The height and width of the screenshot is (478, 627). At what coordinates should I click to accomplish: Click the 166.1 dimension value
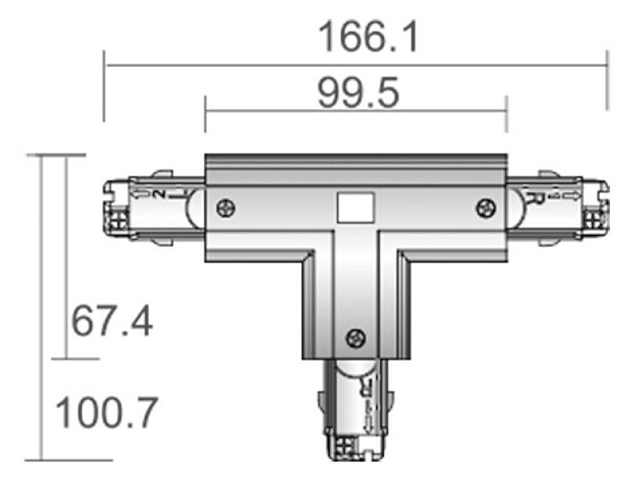(368, 37)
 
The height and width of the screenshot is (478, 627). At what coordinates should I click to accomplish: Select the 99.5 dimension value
(358, 94)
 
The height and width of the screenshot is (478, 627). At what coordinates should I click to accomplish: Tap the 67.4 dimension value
(112, 321)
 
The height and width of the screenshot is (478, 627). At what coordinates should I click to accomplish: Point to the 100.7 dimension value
(106, 413)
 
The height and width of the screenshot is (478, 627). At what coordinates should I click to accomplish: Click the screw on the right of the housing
(485, 208)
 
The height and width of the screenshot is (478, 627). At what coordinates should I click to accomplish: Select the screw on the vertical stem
(356, 338)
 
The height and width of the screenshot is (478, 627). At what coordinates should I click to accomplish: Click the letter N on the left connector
(160, 194)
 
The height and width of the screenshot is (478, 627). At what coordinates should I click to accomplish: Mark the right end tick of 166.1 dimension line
(607, 65)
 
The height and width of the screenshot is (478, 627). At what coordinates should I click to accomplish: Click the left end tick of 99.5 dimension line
(205, 112)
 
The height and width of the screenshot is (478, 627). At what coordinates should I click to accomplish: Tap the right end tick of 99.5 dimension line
(506, 112)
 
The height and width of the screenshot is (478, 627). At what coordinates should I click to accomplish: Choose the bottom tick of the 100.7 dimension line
(42, 460)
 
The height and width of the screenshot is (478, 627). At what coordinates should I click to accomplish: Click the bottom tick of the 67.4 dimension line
(66, 358)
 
